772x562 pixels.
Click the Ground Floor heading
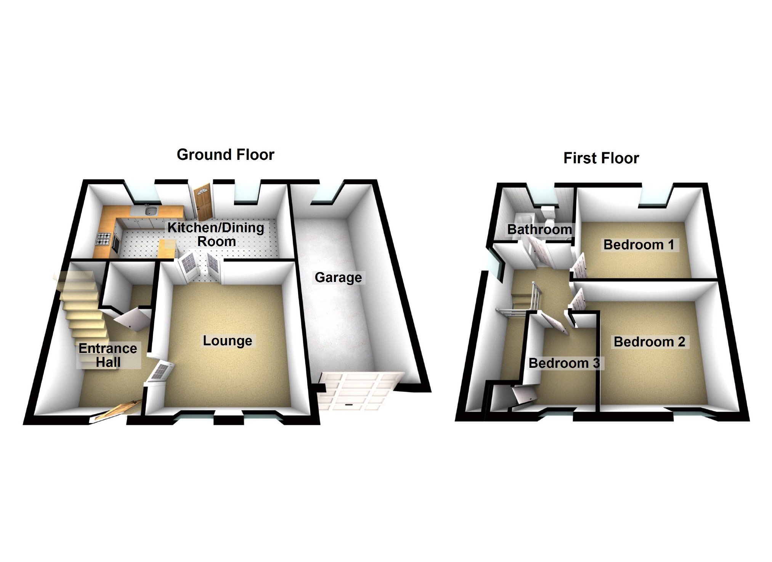225,155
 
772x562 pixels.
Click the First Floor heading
601,158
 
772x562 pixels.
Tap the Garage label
338,277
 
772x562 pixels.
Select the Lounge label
227,340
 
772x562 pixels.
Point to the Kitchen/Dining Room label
216,234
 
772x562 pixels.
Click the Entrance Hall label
108,355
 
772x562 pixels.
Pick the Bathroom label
539,229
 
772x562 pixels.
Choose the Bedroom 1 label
639,244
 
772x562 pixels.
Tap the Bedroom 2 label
649,341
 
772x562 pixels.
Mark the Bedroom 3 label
564,363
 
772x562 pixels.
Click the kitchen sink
152,210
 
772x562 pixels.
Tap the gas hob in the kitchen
104,239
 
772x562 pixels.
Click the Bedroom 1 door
579,267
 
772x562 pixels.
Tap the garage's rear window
323,196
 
